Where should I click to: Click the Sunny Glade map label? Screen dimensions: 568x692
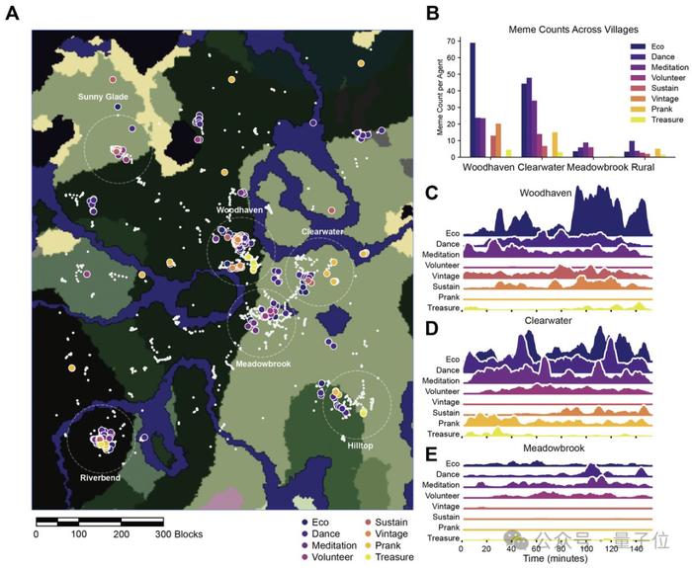click(x=104, y=97)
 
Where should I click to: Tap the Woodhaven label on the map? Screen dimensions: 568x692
click(x=238, y=209)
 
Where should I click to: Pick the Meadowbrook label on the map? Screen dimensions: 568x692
click(x=261, y=364)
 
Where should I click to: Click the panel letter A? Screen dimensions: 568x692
click(x=13, y=18)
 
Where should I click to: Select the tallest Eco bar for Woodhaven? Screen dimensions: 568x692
click(x=473, y=100)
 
